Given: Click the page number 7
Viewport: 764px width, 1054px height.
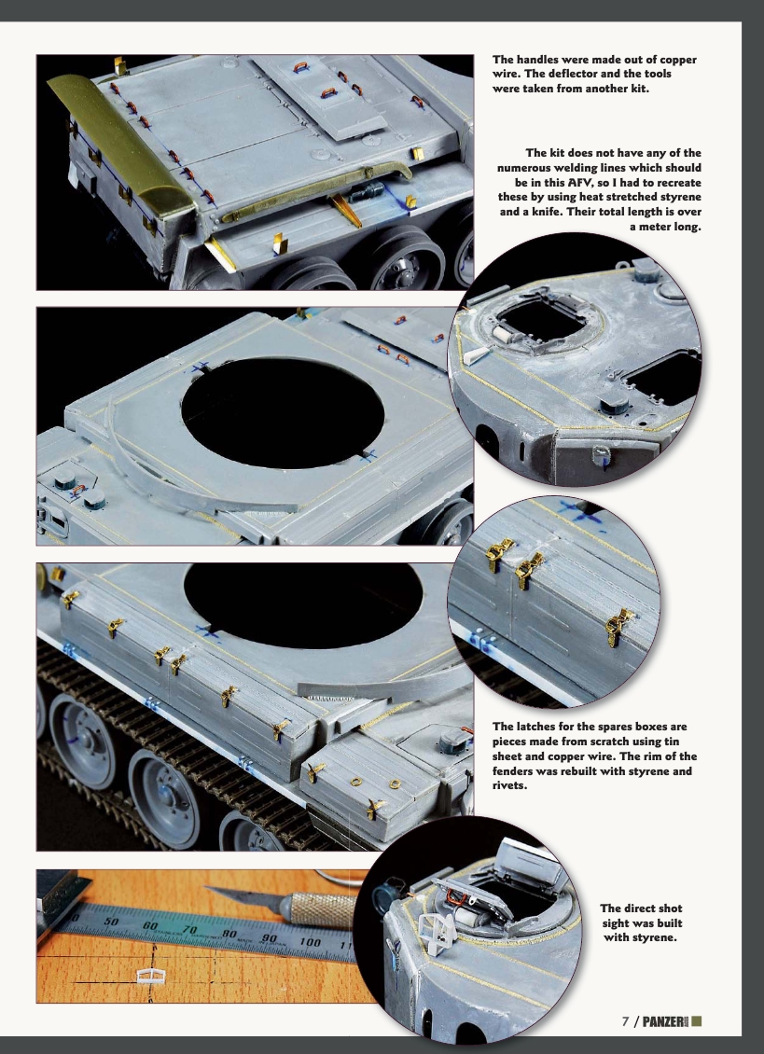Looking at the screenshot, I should point(626,1021).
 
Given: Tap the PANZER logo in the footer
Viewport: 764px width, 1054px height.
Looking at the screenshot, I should point(663,1021).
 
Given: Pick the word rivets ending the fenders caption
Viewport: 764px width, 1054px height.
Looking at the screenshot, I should point(509,785).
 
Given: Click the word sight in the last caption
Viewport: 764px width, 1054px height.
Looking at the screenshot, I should point(622,922).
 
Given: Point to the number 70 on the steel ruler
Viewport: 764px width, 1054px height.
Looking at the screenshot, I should point(190,929).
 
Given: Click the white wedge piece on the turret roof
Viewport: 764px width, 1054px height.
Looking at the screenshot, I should point(475,354).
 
